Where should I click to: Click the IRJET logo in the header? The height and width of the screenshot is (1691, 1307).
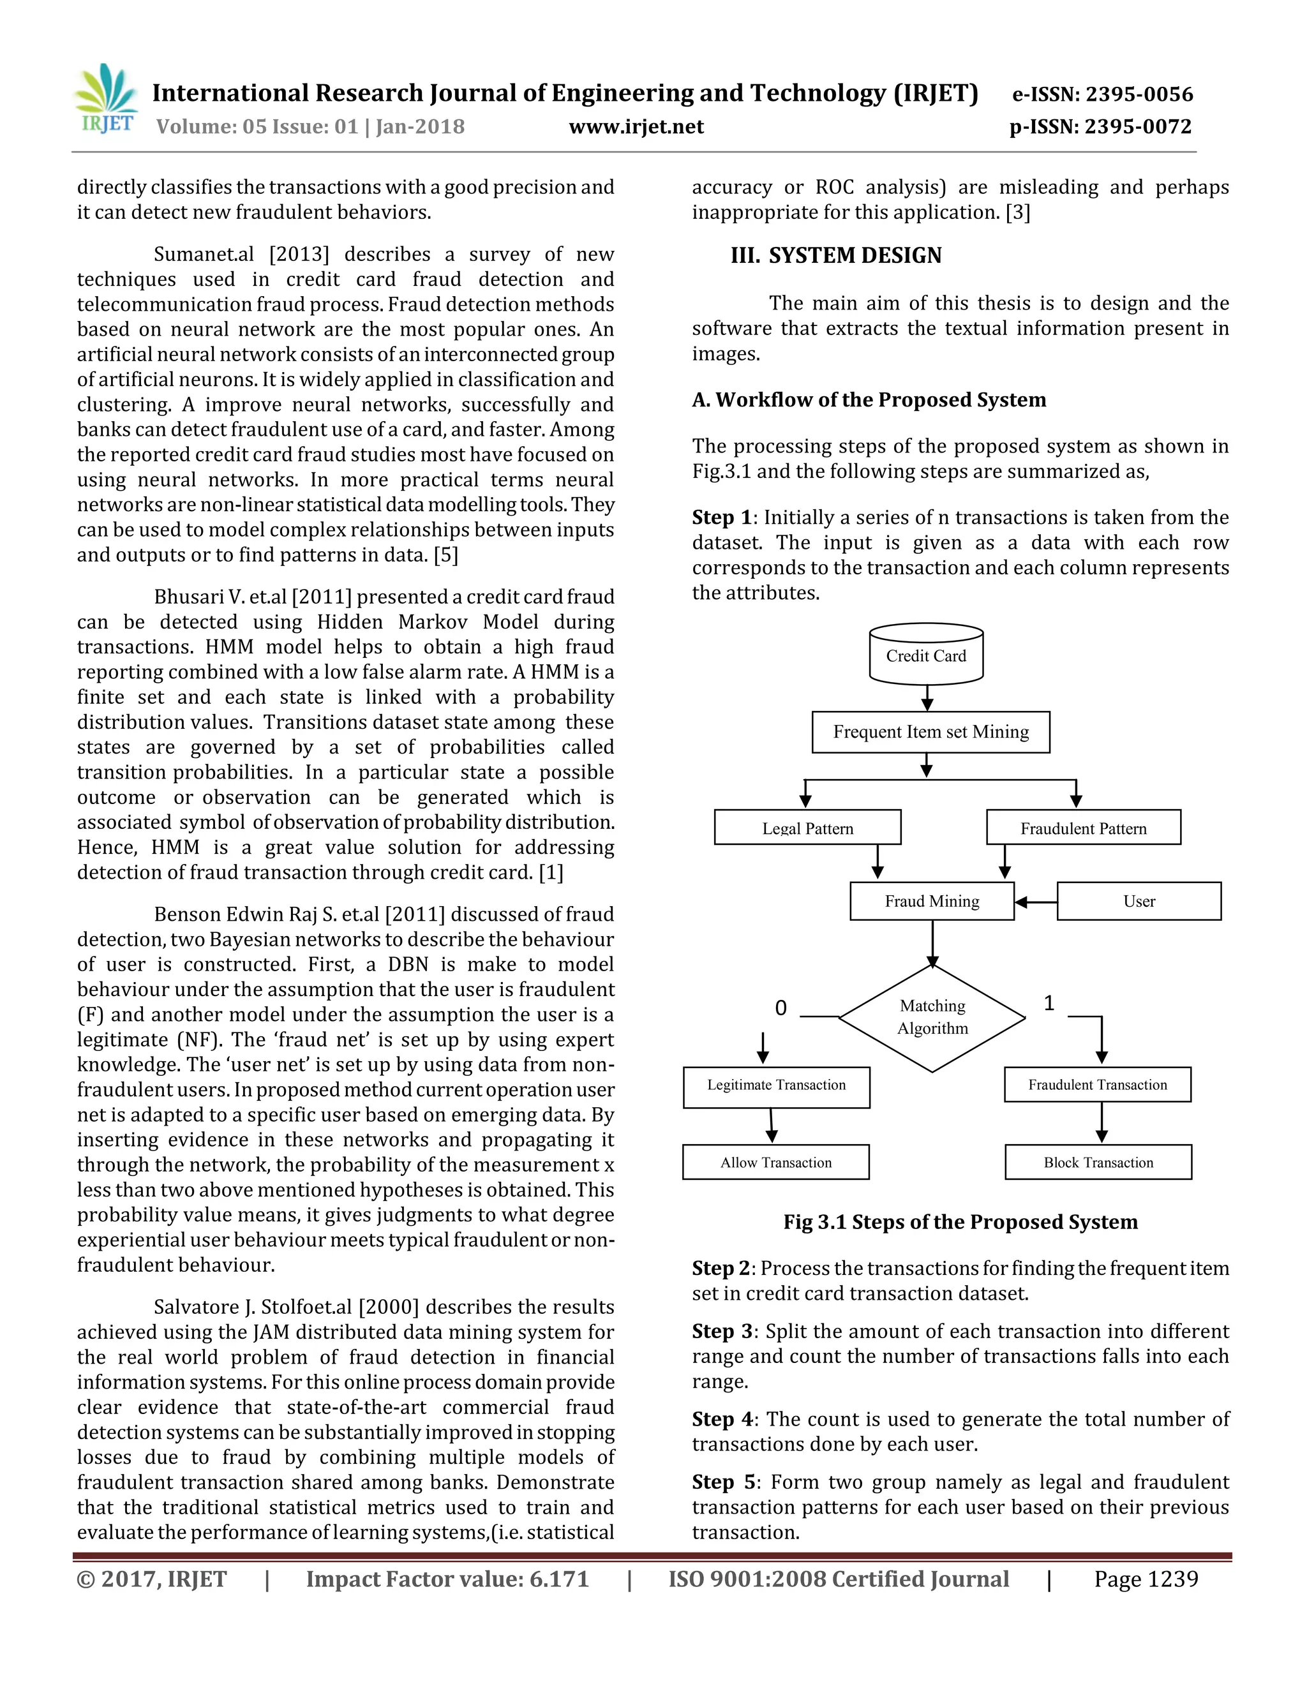click(x=107, y=100)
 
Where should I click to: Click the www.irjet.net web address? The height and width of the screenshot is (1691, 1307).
click(x=636, y=126)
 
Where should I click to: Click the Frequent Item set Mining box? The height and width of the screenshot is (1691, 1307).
click(x=930, y=732)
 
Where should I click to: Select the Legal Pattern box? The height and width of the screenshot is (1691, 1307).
click(x=807, y=828)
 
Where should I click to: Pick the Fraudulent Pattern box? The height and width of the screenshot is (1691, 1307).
click(x=1083, y=828)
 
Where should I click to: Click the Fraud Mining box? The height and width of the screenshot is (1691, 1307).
click(x=932, y=901)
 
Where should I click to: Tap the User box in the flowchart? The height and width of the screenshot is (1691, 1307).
click(x=1139, y=901)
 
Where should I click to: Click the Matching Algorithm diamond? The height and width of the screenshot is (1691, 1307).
click(x=932, y=1017)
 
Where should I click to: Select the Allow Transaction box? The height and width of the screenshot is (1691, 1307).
click(x=776, y=1162)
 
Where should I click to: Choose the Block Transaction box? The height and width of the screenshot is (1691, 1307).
click(x=1098, y=1162)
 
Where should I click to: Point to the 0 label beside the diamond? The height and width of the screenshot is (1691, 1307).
click(x=780, y=1008)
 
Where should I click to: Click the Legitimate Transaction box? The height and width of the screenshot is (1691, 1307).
click(x=777, y=1085)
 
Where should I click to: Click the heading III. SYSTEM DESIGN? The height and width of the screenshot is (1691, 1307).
click(x=836, y=255)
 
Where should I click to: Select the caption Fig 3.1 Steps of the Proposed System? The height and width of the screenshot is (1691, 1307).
click(x=960, y=1222)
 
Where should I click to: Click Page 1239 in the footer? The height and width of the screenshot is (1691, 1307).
click(x=1146, y=1579)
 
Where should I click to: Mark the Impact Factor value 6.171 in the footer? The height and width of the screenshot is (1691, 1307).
click(x=447, y=1579)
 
